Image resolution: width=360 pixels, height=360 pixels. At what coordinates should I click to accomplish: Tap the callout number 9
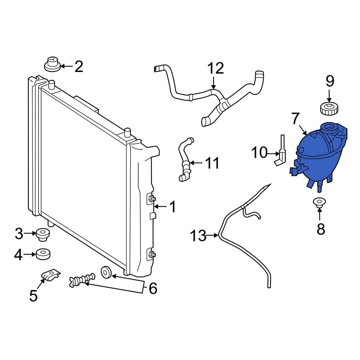[x=330, y=81]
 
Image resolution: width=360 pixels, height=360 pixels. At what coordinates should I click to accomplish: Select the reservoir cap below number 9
[x=328, y=108]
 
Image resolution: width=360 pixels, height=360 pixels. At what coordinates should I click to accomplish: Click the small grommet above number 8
[x=319, y=203]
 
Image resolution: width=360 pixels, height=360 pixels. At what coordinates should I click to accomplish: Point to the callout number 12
[x=216, y=68]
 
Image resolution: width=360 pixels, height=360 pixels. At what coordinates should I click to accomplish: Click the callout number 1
[x=173, y=207]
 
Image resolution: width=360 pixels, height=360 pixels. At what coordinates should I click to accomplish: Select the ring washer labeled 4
[x=43, y=255]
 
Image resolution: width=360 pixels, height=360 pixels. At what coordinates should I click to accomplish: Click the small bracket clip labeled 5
[x=50, y=276]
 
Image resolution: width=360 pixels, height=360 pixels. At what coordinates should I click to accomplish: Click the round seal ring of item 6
[x=106, y=273]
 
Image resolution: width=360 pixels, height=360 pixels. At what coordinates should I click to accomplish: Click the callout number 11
[x=212, y=163]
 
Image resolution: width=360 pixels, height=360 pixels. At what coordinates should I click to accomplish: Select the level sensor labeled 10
[x=282, y=153]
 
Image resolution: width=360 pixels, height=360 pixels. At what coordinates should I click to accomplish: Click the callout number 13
[x=198, y=236]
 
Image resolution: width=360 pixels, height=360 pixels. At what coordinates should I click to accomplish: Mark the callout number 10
[x=259, y=153]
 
